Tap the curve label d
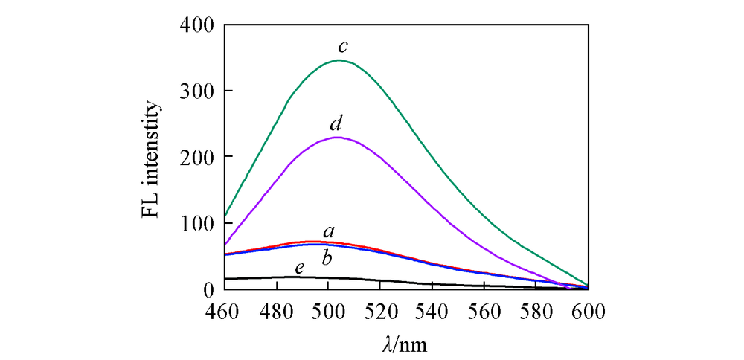coord(336,122)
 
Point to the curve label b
coord(327,259)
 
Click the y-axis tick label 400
coord(197,25)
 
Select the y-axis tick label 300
coord(197,91)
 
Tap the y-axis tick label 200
coord(197,157)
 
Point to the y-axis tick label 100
coord(197,222)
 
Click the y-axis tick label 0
coord(209,289)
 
